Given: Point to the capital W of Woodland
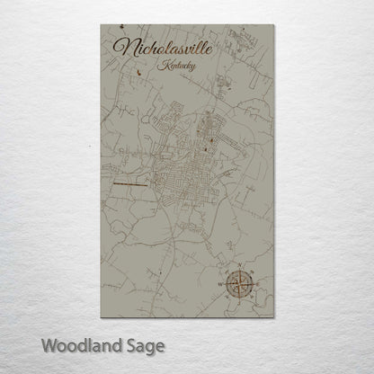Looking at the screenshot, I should pyautogui.click(x=49, y=343).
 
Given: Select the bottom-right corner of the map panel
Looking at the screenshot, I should pyautogui.click(x=272, y=317).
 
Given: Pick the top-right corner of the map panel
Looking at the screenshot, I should pyautogui.click(x=272, y=24).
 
